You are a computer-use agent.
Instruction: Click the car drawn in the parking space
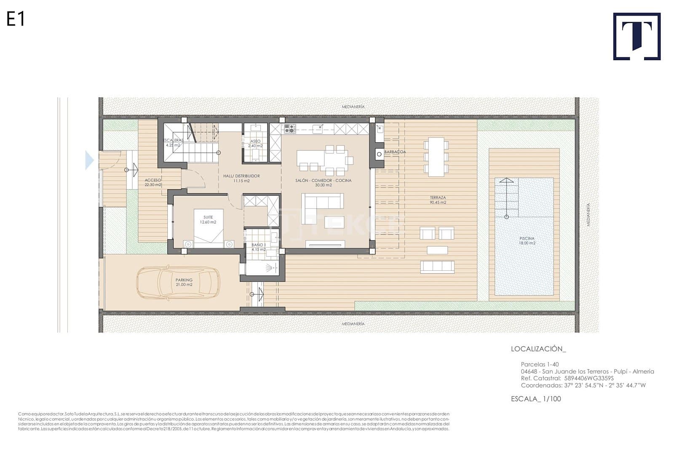pos(178,282)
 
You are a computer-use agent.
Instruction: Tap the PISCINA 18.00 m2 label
pos(527,241)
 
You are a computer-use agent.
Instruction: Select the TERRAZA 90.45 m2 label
pos(438,200)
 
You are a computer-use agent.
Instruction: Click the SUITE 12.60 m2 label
pos(208,220)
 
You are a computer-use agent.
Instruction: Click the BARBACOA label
pos(395,152)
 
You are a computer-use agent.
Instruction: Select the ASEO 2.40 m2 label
pos(255,144)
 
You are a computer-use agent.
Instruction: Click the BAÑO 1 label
pos(258,247)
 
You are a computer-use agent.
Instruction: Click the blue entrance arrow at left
pos(89,160)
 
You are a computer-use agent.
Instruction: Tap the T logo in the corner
pos(637,36)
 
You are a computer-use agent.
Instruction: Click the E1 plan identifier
pos(16,19)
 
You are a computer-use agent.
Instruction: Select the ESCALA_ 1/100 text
pos(536,399)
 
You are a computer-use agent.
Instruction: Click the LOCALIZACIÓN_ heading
pos(538,349)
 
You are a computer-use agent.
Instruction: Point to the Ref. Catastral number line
pos(567,378)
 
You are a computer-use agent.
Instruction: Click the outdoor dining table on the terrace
pos(436,157)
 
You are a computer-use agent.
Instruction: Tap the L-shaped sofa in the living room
pos(322,203)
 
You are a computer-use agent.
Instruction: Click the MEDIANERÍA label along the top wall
pos(353,107)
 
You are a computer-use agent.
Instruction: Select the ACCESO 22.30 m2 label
pos(153,182)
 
